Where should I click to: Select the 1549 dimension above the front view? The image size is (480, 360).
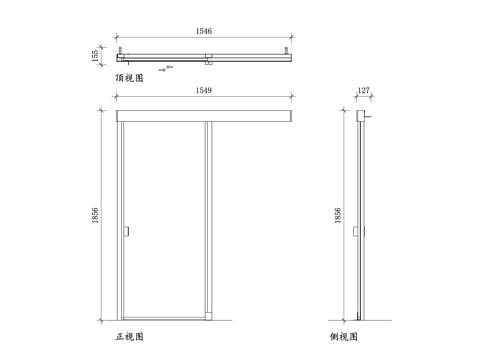pos(205,91)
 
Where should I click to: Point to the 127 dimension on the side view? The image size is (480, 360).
pos(362,91)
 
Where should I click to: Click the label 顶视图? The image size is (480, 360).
pos(130,77)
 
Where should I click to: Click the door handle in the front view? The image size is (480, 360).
pos(128,232)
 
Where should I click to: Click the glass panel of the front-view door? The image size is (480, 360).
pos(164,220)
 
